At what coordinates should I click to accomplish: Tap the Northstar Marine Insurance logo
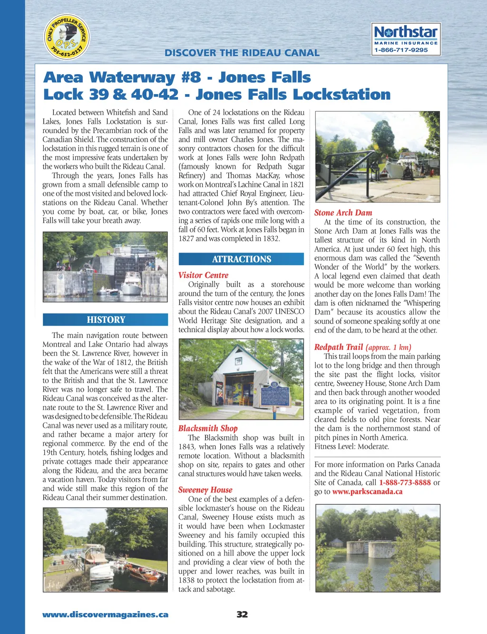click(406, 39)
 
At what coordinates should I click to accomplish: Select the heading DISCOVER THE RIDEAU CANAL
click(242, 53)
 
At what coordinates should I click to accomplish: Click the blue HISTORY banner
click(106, 320)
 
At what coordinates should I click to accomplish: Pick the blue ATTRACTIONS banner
click(241, 259)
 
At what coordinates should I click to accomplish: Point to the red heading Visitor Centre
click(203, 275)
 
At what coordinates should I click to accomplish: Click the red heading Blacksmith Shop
click(208, 428)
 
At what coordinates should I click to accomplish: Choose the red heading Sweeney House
click(205, 490)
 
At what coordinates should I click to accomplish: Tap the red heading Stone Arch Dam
click(343, 213)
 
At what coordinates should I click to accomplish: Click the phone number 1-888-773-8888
click(405, 482)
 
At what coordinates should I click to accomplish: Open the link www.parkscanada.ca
click(367, 491)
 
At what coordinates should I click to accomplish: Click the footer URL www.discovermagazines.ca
click(105, 615)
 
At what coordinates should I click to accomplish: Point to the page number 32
click(242, 615)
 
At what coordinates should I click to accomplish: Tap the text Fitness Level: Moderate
click(351, 446)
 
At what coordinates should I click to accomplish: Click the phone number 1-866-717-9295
click(401, 50)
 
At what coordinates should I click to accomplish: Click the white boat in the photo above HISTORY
click(132, 285)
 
